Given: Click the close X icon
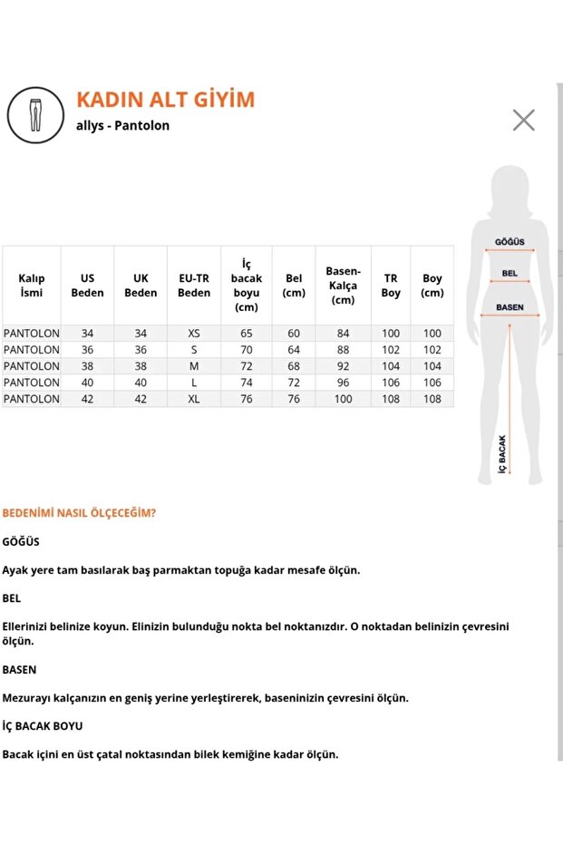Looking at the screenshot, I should (x=523, y=120).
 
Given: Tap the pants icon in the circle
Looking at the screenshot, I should (x=35, y=116).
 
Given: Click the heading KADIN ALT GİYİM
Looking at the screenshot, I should (x=165, y=100).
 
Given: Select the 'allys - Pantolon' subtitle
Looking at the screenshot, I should (x=122, y=126).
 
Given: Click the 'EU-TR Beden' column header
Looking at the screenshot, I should (x=194, y=286).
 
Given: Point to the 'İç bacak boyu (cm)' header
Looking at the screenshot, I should (x=246, y=286).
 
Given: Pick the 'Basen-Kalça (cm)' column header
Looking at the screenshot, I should (x=344, y=286).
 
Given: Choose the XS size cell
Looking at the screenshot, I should (x=194, y=334).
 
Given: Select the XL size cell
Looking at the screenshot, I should (x=194, y=400).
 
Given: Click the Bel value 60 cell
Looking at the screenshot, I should (x=294, y=334).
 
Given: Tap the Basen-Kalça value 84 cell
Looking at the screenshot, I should (x=344, y=334).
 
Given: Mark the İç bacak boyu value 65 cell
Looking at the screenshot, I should (x=246, y=334).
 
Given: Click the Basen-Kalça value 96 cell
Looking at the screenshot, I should (x=344, y=383).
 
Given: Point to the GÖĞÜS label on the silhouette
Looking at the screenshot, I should (x=510, y=243).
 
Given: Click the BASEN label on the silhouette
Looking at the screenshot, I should (x=510, y=307).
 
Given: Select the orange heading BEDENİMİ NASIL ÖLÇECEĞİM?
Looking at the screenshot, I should (x=79, y=512).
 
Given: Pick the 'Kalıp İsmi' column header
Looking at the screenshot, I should (x=32, y=286).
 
